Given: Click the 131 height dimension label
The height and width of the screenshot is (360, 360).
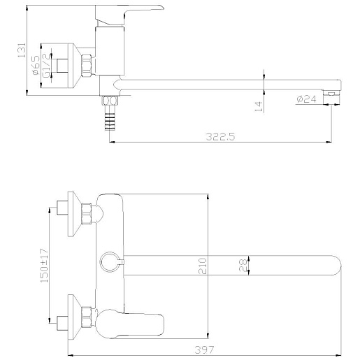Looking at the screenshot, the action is coord(22,50).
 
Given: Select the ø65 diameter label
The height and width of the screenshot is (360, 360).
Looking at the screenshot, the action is coord(36,65).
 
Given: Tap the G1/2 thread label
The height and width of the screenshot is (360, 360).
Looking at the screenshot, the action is coord(46,65).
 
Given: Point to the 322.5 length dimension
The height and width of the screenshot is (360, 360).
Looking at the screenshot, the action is coord(220,136).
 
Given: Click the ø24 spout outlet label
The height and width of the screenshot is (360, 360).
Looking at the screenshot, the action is coord(306,99).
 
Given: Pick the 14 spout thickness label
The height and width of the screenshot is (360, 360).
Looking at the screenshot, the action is coord(259,106).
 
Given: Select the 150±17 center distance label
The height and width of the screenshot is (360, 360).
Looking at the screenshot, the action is coord(44,266).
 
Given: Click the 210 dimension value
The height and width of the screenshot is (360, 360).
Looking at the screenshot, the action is coord(202,266).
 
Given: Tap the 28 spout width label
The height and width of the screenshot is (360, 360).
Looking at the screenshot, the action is coord(243,266).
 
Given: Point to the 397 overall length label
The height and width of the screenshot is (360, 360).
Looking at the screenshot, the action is coord(204,350).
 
